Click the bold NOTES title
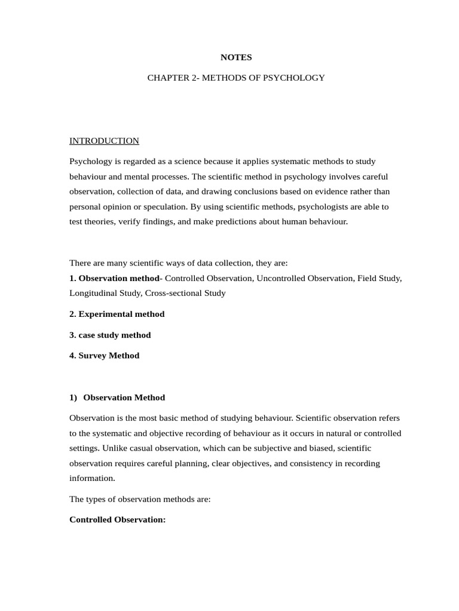tap(236, 57)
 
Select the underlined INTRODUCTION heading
tap(104, 141)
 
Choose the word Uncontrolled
tap(280, 278)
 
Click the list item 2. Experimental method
tap(117, 314)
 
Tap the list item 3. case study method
tap(110, 335)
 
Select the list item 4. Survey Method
tap(104, 356)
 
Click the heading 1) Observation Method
tap(117, 397)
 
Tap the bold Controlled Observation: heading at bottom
tap(117, 520)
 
